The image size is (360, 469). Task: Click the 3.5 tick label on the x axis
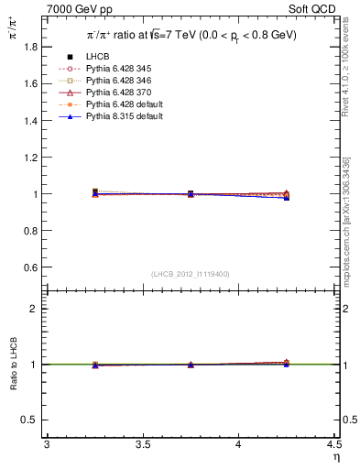(143, 444)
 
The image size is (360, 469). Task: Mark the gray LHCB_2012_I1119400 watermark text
(190, 274)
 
